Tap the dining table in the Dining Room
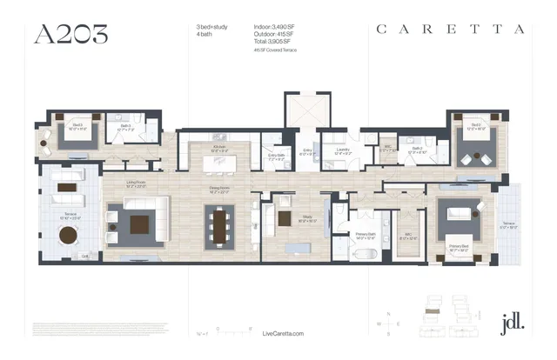[219, 225]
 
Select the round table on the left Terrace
[68, 235]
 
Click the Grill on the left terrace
[84, 257]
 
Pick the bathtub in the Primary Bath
[366, 255]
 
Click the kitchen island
[221, 163]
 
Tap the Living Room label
[136, 183]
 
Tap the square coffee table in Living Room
[140, 224]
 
